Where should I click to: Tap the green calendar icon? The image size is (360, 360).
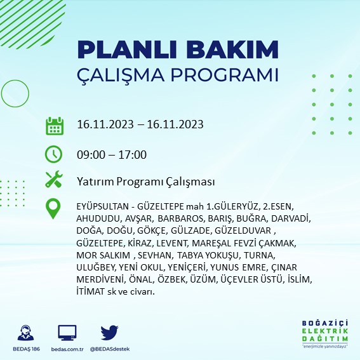point(54,125)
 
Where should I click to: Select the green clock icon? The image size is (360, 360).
point(54,154)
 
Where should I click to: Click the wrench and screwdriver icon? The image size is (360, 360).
point(54,180)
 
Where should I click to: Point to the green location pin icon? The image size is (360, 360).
point(54,209)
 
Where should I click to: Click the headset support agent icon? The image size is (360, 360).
point(27,332)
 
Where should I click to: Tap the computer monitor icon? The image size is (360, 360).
point(67,332)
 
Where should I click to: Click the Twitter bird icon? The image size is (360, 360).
point(109,332)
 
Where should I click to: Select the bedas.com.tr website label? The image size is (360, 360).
point(67,349)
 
